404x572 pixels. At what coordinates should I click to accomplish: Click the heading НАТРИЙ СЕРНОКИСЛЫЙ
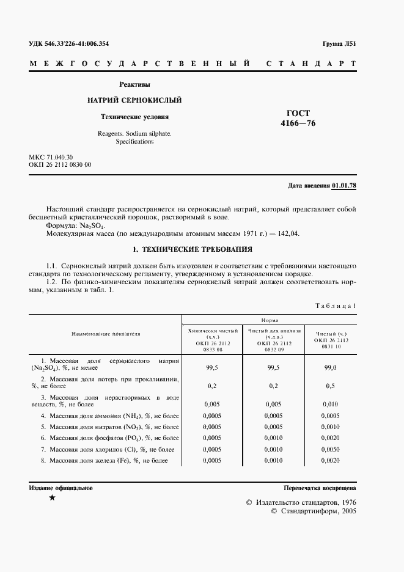(x=134, y=100)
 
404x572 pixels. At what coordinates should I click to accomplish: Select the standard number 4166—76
(x=298, y=123)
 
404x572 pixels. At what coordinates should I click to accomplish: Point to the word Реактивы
(x=134, y=84)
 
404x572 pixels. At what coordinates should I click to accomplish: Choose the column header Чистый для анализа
(x=273, y=331)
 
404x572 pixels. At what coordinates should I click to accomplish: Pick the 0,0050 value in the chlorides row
(x=330, y=449)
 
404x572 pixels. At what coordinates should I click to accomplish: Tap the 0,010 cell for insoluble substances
(x=330, y=404)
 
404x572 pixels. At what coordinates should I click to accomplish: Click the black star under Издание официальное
(x=52, y=499)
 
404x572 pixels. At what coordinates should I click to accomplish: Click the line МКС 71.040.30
(x=51, y=158)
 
